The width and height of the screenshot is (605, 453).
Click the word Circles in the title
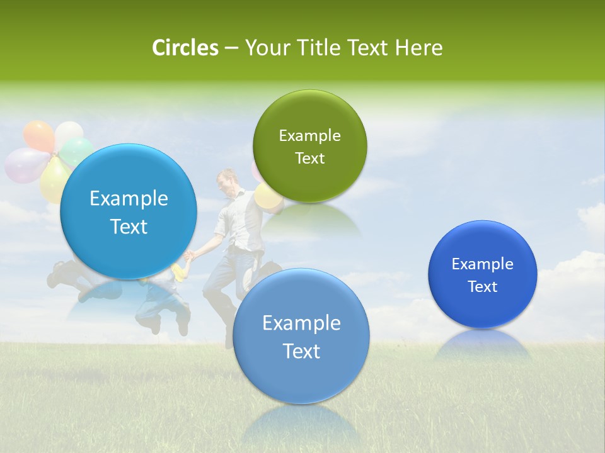[x=185, y=48]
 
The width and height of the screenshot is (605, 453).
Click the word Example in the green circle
[x=309, y=136]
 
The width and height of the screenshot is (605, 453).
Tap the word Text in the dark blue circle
[x=483, y=287]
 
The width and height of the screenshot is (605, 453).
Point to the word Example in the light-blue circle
[x=129, y=199]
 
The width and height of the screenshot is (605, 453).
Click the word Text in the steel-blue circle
[x=301, y=351]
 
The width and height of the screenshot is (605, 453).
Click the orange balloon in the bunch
[x=38, y=135]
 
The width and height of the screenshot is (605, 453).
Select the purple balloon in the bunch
[x=24, y=165]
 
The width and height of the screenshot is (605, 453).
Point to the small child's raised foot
[x=183, y=327]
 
